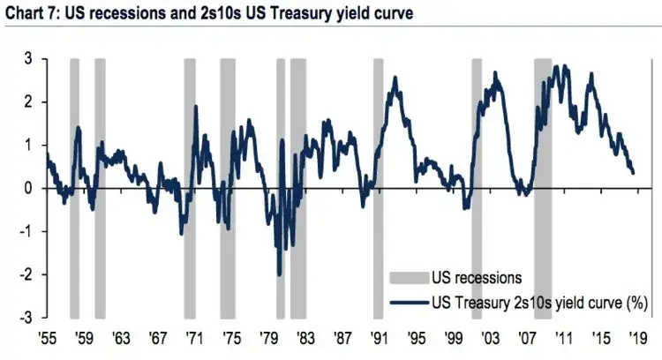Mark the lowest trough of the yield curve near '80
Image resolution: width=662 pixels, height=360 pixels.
279,274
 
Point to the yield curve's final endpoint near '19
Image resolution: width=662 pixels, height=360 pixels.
633,172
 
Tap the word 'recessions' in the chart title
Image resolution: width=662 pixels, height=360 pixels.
117,11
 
